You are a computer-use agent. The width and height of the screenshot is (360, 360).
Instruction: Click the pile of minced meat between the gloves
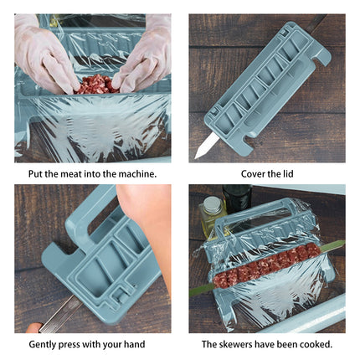(x=95, y=84)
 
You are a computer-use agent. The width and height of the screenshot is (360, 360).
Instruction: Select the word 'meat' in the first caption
(x=70, y=174)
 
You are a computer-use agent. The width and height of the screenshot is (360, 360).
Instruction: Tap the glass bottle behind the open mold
(x=213, y=215)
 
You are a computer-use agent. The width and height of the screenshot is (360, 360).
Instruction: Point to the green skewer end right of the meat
(x=331, y=246)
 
